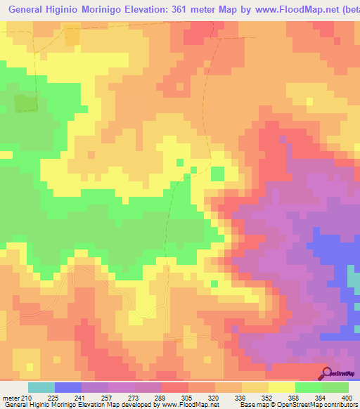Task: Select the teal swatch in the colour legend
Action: pyautogui.click(x=41, y=387)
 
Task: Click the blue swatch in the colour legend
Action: pyautogui.click(x=68, y=387)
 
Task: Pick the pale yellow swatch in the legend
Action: pyautogui.click(x=282, y=387)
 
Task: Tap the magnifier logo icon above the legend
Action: pyautogui.click(x=326, y=372)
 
